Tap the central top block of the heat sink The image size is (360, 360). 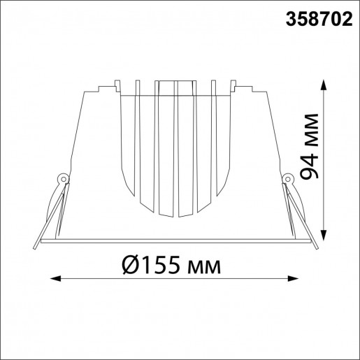click(175, 87)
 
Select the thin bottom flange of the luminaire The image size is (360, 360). click(175, 240)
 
